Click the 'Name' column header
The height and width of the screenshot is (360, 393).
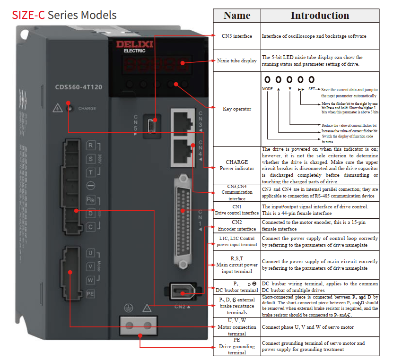click(236, 16)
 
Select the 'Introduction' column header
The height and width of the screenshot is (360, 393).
click(320, 16)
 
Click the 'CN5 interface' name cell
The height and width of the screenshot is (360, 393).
click(236, 36)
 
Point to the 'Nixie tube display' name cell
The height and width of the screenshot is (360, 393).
click(236, 60)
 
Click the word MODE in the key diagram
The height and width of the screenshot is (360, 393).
click(267, 89)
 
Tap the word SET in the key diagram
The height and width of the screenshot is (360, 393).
click(312, 89)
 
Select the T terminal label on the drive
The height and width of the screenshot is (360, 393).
click(90, 172)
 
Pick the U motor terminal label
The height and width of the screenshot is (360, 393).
click(90, 253)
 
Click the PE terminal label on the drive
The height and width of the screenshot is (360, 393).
click(90, 293)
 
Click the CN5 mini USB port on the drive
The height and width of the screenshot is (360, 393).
click(151, 126)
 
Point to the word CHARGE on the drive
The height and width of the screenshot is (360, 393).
click(87, 109)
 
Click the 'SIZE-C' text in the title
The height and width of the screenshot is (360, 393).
click(29, 15)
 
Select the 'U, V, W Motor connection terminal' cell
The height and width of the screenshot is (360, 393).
click(236, 327)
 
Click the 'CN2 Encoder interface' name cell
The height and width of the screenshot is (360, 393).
click(236, 225)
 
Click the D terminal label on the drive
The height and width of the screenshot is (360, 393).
click(90, 213)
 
